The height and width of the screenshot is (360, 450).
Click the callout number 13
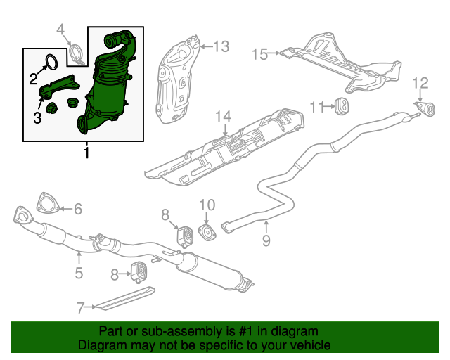pos(221,47)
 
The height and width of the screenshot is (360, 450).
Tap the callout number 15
pos(259,53)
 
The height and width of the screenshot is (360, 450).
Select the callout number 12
pos(420,84)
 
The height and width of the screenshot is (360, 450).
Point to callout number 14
pos(223,115)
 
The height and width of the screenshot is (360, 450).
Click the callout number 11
pos(316,107)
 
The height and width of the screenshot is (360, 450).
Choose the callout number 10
pos(207,205)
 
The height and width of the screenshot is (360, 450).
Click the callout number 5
pos(79,273)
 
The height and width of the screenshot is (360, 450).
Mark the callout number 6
pos(78,208)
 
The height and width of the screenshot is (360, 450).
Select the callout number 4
pos(60,29)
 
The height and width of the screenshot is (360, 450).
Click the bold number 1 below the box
pos(86,153)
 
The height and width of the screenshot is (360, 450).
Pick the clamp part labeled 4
pos(77,53)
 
